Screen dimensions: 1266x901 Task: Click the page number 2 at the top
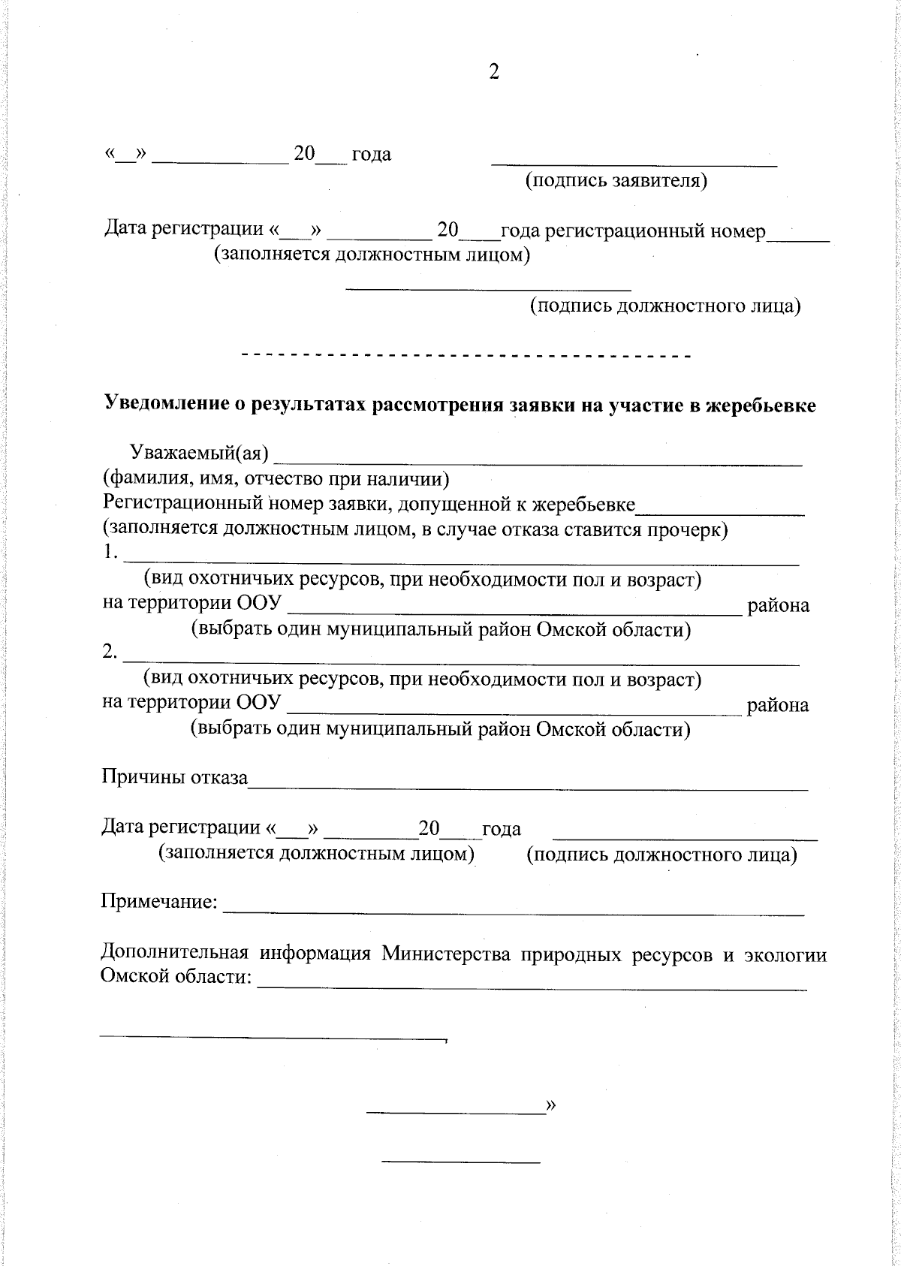[x=493, y=71]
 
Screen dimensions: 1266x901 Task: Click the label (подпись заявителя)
[x=616, y=181]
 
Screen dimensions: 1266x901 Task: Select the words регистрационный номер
[x=655, y=231]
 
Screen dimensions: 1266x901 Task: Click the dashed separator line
[x=465, y=354]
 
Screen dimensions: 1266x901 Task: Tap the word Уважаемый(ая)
[x=199, y=453]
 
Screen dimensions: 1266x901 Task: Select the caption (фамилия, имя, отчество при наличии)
[x=276, y=478]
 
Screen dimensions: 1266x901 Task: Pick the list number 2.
[x=110, y=653]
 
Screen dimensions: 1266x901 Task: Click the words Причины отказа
[x=174, y=778]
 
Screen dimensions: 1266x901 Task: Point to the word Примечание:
[x=160, y=901]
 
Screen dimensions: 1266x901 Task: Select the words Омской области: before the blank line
[x=176, y=978]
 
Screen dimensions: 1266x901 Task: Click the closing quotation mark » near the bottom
[x=552, y=1105]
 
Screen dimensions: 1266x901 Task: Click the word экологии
[x=785, y=954]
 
